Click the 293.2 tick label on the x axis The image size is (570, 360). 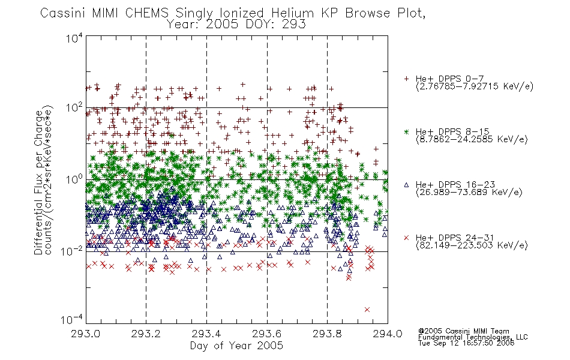point(146,334)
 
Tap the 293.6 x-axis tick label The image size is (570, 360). point(267,334)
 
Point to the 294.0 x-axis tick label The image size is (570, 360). point(388,334)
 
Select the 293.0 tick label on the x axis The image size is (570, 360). point(85,334)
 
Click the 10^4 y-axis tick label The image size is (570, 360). point(74,37)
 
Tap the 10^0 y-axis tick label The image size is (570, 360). point(74,179)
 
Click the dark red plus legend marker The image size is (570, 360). point(406,79)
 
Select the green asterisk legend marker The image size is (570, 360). point(406,131)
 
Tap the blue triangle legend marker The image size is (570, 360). point(406,185)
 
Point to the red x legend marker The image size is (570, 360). point(406,238)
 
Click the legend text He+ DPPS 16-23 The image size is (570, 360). point(455,185)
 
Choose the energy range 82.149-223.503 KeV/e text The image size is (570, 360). point(472,245)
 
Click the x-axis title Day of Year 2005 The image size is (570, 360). point(236,346)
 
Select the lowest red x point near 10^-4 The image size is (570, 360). point(367,310)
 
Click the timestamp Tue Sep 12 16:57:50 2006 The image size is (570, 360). point(466,343)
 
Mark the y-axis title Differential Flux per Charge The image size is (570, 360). point(38,181)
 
